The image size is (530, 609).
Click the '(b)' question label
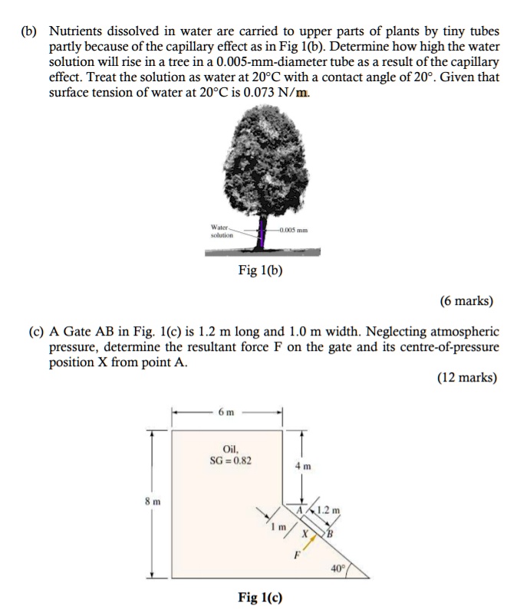pos(30,31)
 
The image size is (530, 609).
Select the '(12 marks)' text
pos(466,377)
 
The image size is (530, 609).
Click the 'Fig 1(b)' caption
pos(261,270)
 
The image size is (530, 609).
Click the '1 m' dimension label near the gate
pos(281,528)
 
